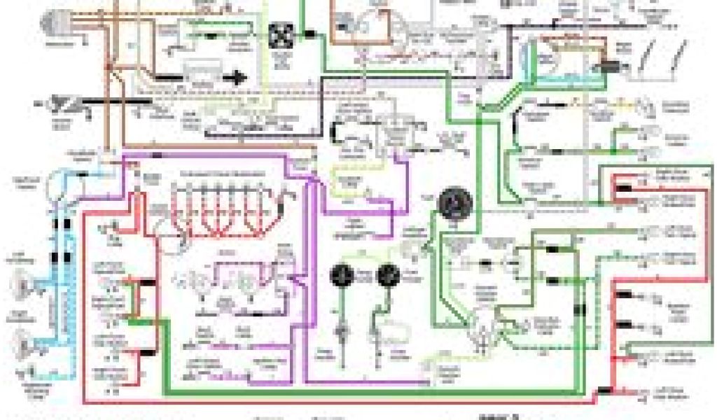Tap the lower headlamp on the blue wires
click(x=24, y=344)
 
